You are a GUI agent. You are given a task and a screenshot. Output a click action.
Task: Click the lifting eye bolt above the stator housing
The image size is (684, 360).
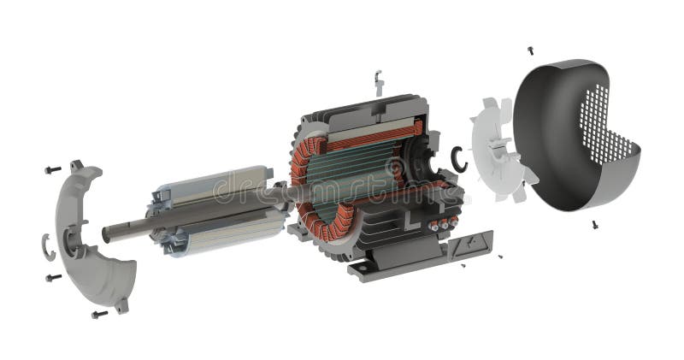[379, 82]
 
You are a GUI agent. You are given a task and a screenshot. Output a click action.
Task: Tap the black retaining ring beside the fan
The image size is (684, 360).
[460, 159]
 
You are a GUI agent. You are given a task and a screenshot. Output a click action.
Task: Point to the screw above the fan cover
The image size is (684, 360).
[530, 50]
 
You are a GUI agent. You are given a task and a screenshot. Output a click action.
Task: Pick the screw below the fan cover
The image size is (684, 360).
[594, 225]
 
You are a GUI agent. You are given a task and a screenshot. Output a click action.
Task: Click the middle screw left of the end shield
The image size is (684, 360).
[53, 277]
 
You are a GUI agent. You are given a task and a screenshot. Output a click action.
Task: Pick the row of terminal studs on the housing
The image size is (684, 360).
[442, 225]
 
